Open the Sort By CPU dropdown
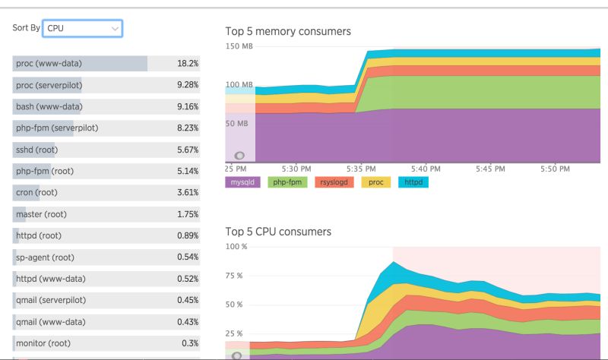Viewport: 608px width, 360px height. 82,28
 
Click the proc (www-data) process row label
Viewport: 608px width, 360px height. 49,63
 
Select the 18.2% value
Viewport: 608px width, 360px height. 188,63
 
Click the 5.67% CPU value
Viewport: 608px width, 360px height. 187,150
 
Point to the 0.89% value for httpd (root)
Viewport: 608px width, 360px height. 187,236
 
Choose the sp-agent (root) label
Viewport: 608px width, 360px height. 45,257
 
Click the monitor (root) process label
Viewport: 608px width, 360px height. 43,344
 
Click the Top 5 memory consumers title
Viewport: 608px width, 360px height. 288,31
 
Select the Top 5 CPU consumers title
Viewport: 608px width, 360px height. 278,231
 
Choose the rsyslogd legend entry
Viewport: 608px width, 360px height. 334,182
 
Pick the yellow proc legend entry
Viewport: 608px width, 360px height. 375,182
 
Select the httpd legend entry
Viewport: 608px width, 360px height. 413,182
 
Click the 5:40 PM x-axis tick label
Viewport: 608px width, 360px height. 425,168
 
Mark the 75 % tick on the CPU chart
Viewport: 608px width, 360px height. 236,276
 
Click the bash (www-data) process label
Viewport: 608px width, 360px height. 49,106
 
